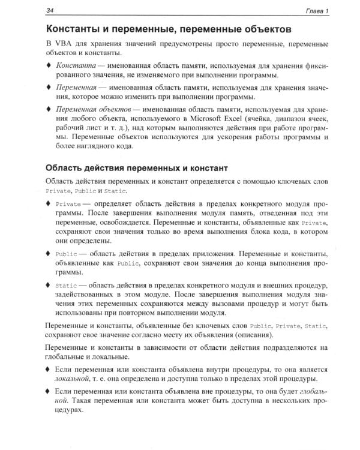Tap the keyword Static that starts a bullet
point(66,285)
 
